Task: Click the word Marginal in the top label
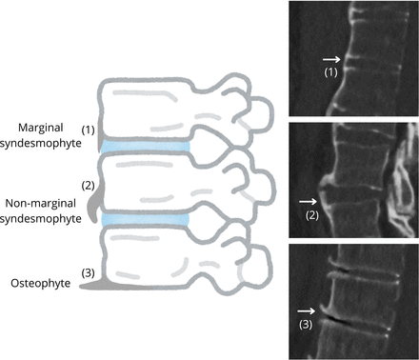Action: coord(41,128)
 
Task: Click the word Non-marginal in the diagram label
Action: coord(41,203)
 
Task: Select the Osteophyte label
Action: coord(41,283)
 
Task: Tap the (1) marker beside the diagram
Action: coord(89,130)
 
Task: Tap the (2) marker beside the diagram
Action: coord(89,186)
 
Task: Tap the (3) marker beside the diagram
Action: coord(89,272)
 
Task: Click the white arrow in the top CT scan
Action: coord(331,59)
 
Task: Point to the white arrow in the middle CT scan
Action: coord(308,201)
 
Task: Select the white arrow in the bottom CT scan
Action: coord(306,310)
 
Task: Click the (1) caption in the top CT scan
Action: coord(330,72)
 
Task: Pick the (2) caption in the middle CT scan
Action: coord(312,215)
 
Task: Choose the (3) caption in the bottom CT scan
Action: coord(306,325)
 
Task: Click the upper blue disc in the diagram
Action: coord(145,147)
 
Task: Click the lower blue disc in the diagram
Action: coord(146,220)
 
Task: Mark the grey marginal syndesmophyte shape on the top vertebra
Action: coord(100,134)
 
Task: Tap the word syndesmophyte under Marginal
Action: coord(41,144)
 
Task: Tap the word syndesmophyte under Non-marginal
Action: coord(41,219)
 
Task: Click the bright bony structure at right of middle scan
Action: coord(403,181)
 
